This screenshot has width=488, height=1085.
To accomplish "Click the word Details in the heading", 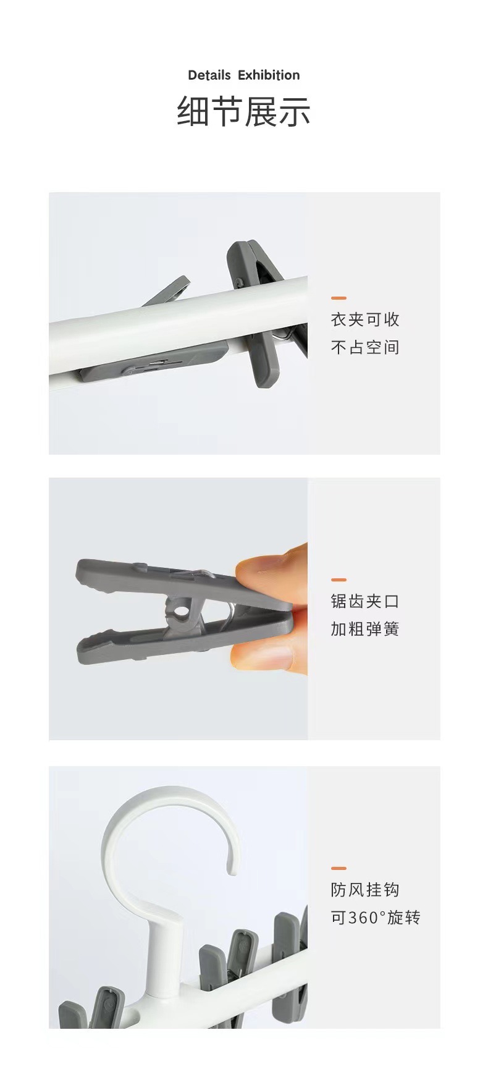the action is click(x=209, y=75).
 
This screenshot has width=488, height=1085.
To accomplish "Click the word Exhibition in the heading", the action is click(x=269, y=75).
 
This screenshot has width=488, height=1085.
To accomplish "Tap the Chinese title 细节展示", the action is click(x=243, y=112).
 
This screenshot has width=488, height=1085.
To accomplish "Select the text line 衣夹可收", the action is click(x=365, y=319).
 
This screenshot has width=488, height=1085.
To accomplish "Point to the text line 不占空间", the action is click(x=365, y=347).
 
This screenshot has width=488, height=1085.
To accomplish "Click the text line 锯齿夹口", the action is click(x=365, y=601).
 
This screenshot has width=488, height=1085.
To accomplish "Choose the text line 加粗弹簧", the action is click(x=365, y=629).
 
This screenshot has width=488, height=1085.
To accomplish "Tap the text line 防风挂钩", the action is click(x=365, y=890).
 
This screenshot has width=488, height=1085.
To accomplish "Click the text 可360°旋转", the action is click(x=376, y=918).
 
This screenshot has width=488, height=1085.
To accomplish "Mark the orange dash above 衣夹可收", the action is click(x=339, y=298).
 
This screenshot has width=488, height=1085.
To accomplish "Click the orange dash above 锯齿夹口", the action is click(x=339, y=580).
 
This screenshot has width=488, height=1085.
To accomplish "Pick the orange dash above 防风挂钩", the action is click(x=339, y=868).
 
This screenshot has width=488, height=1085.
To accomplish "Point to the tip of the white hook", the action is click(x=233, y=869).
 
